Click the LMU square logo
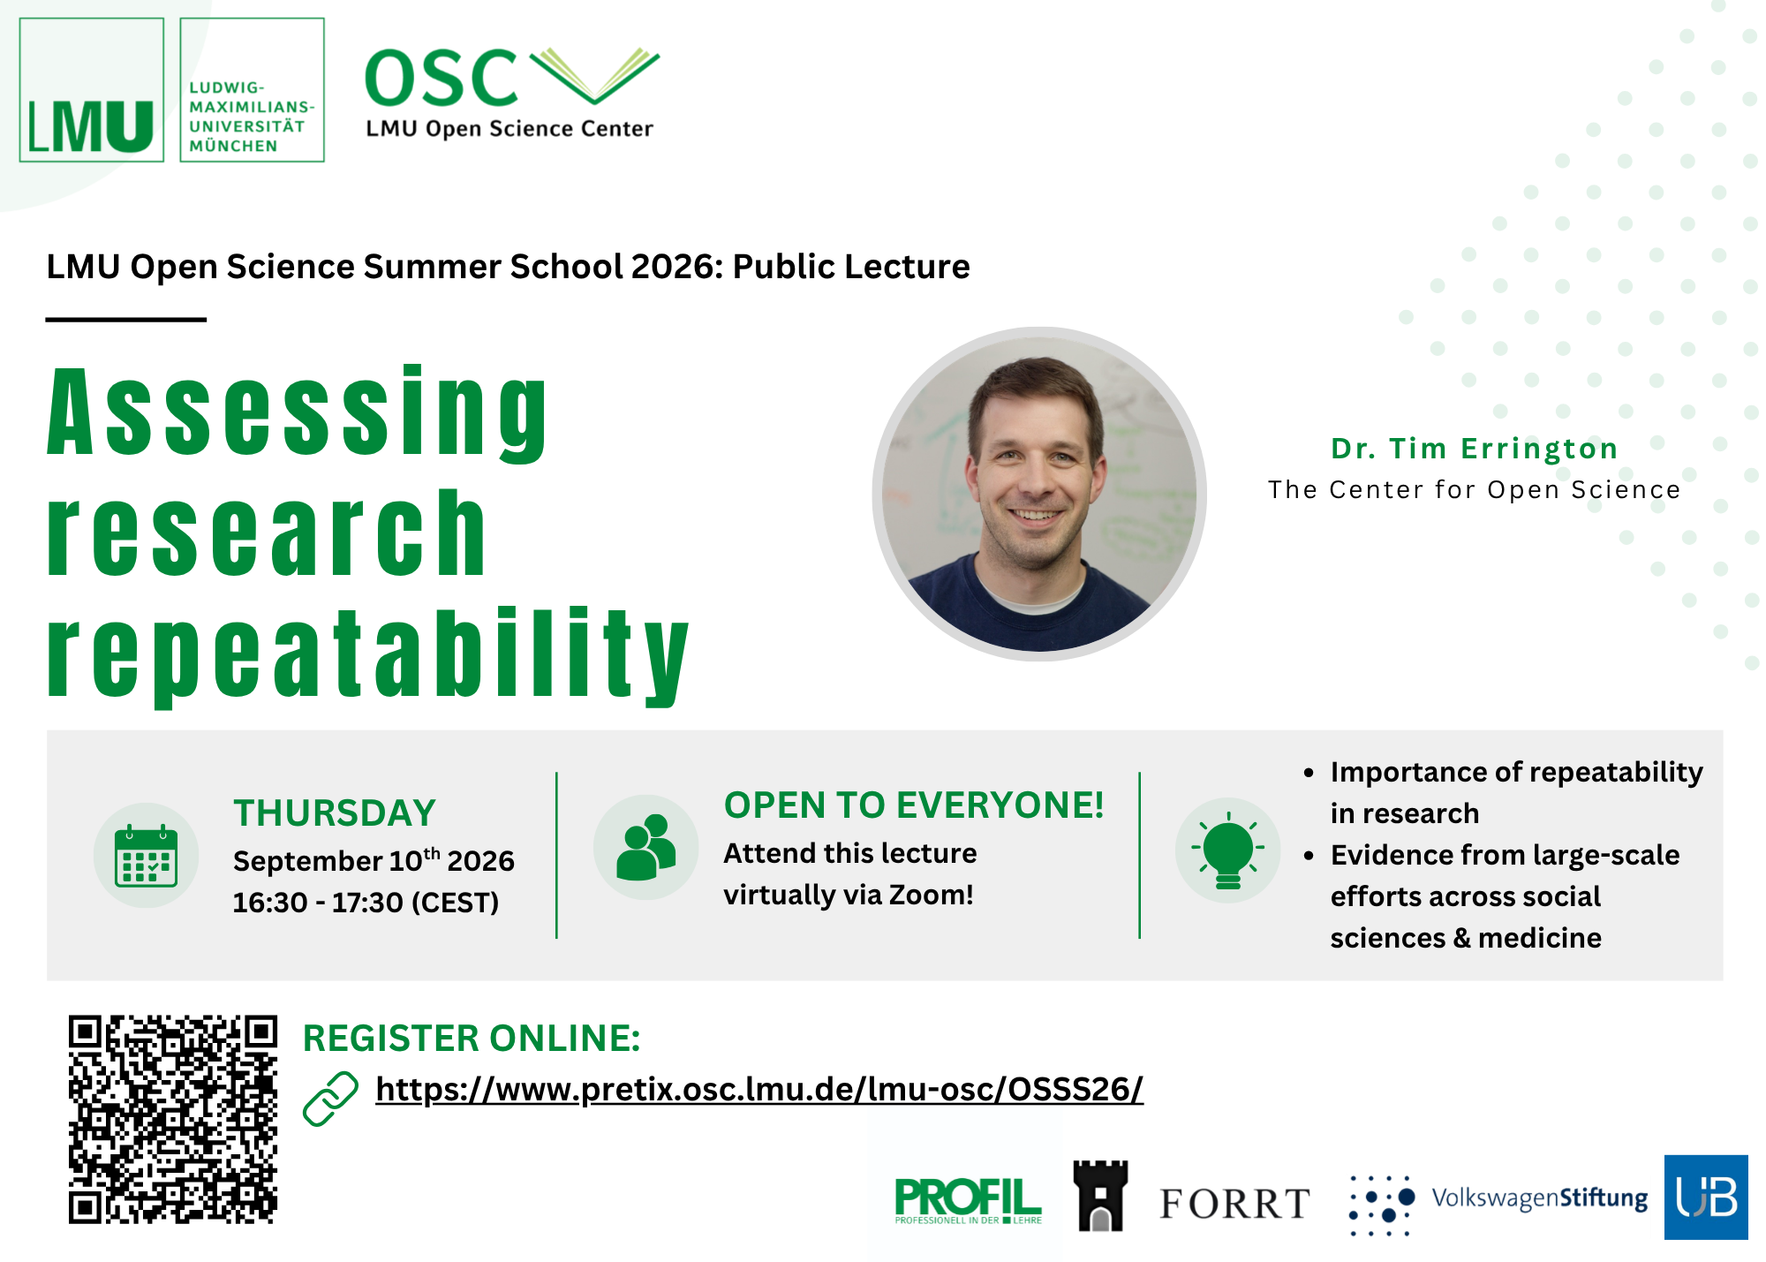(x=92, y=90)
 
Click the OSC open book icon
(x=594, y=76)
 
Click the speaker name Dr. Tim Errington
(x=1474, y=449)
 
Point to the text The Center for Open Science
(x=1474, y=489)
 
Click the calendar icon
(x=147, y=855)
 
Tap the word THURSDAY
(x=335, y=812)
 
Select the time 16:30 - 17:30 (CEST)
(x=366, y=903)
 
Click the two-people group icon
(x=645, y=848)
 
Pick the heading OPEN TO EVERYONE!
(x=914, y=805)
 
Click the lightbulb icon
(x=1227, y=850)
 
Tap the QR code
(x=173, y=1119)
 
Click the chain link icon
(x=330, y=1099)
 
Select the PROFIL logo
(x=968, y=1201)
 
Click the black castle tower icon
(x=1100, y=1196)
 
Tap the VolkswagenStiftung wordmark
(x=1539, y=1198)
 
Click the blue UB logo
(x=1706, y=1198)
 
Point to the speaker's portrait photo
(x=1039, y=494)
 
